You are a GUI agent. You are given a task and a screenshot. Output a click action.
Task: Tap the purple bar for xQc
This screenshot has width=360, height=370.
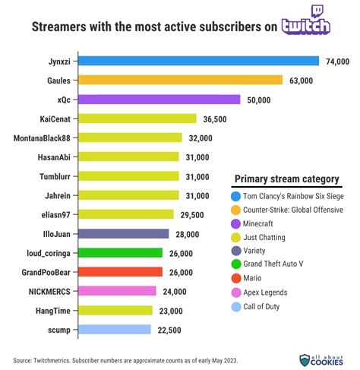coord(159,99)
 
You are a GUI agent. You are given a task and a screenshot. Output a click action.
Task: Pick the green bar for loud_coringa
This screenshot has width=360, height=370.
coord(121,253)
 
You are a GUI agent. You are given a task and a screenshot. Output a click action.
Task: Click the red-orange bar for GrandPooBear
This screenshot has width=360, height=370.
coord(121,272)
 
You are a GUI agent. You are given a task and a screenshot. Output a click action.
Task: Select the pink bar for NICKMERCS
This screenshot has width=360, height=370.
coord(118,291)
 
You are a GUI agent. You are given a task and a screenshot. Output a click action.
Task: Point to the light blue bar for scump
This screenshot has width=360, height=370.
coord(115,330)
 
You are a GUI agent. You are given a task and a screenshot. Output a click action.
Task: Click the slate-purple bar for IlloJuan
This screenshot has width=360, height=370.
coord(124,234)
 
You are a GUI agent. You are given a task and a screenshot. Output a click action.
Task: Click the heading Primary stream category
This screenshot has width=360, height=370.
coord(286,179)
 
